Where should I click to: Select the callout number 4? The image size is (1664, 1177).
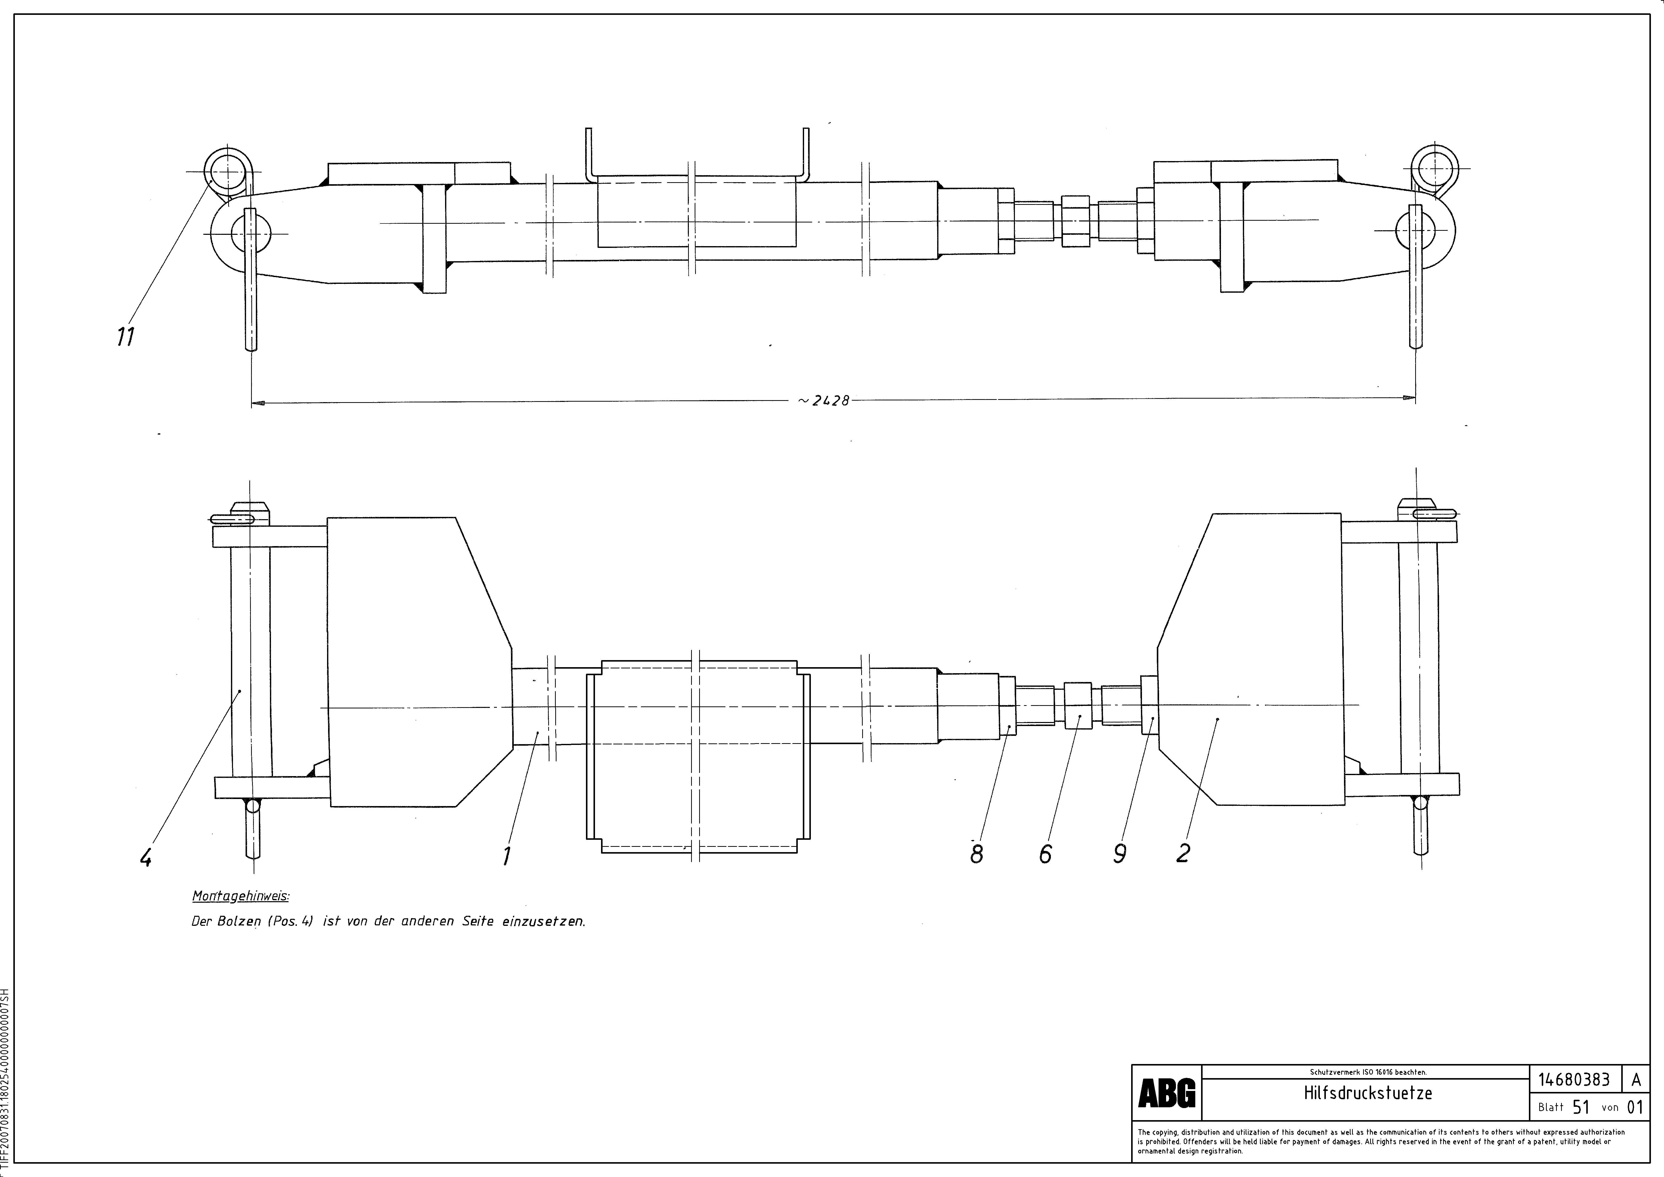click(x=146, y=858)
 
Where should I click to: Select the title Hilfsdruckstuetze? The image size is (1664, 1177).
click(x=1368, y=1093)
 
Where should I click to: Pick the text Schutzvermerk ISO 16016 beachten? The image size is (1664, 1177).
click(x=1368, y=1072)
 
